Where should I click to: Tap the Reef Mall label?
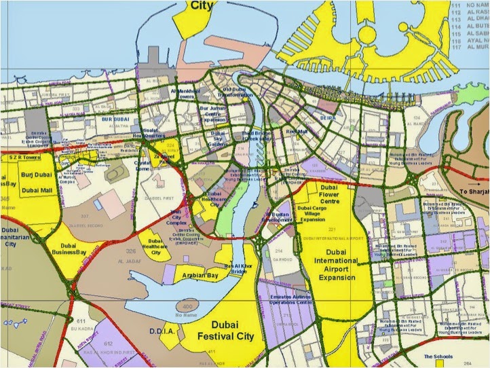pos(297,132)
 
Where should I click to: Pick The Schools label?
pos(438,356)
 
